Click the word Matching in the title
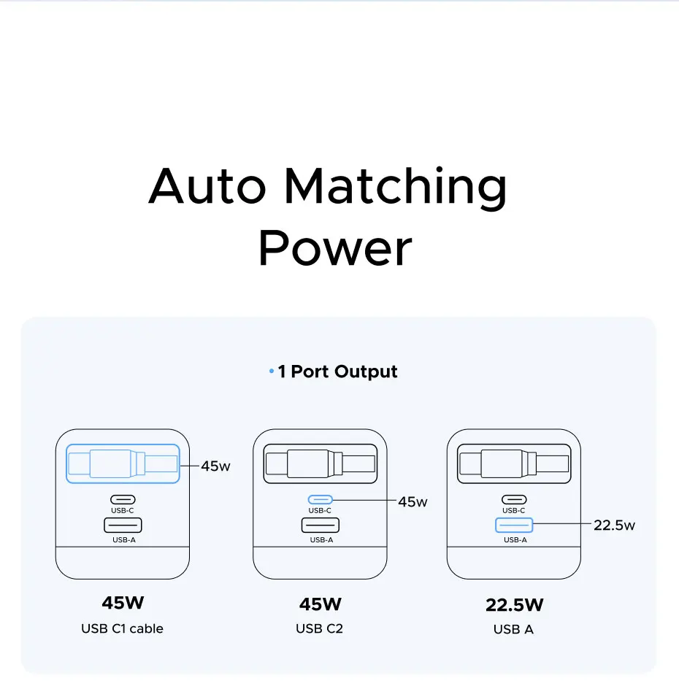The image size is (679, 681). [395, 187]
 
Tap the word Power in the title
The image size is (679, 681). [335, 248]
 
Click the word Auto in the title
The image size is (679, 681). [207, 186]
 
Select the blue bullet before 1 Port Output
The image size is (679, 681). [272, 372]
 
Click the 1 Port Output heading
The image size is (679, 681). [337, 372]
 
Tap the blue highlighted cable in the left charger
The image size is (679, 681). [123, 463]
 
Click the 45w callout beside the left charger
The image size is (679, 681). [215, 466]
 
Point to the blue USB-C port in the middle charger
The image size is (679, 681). [321, 500]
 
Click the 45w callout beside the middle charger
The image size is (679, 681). [413, 501]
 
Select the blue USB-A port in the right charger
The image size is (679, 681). [515, 524]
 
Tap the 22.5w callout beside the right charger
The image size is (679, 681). [614, 525]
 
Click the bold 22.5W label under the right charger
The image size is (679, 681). [515, 605]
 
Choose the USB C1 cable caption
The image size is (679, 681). [122, 628]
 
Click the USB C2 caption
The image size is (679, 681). [320, 628]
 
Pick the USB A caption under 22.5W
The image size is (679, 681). [513, 629]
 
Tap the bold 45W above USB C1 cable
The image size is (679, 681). [123, 604]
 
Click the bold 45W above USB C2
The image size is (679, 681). [321, 604]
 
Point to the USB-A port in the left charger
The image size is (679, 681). [123, 524]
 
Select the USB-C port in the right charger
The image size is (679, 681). [514, 500]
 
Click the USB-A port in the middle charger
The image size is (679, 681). [321, 524]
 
